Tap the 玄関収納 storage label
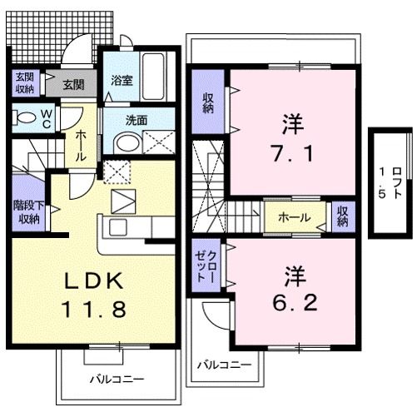pos(24,84)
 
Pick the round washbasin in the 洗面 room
pos(124,143)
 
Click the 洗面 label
pos(136,120)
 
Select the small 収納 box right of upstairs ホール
pos(342,217)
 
